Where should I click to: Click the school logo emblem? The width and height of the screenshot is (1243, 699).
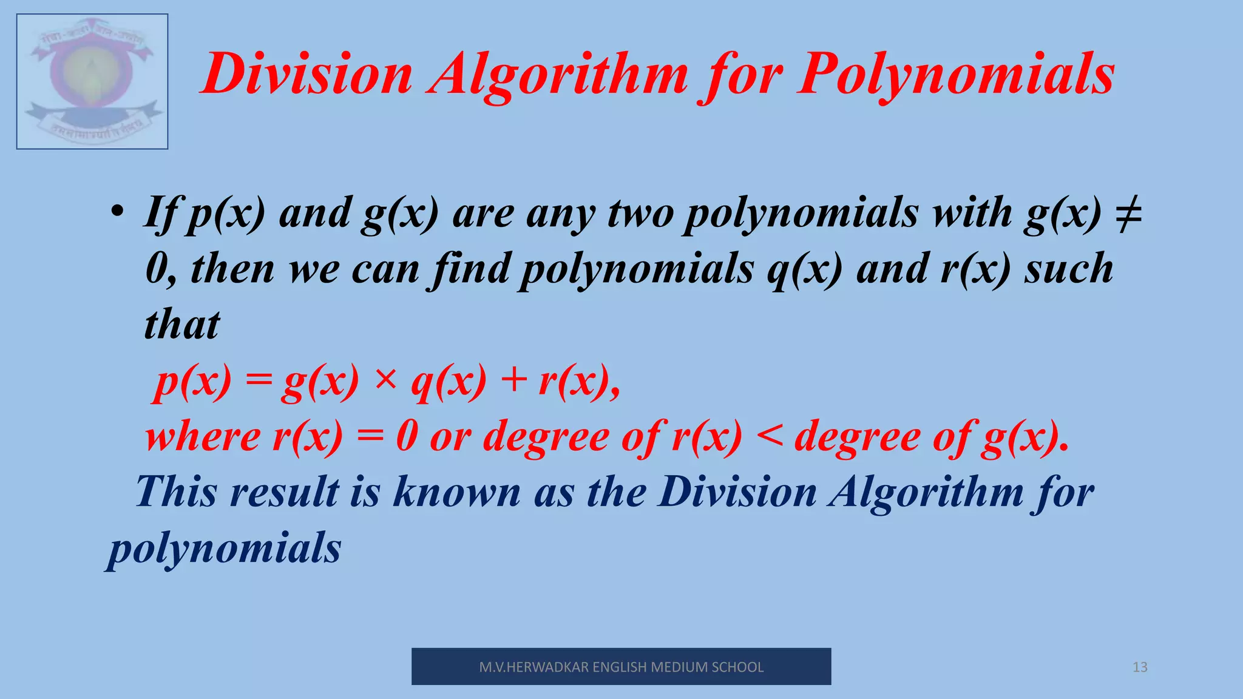pyautogui.click(x=92, y=81)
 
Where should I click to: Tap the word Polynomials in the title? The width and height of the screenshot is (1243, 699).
pyautogui.click(x=956, y=75)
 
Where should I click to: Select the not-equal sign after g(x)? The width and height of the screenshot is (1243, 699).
pyautogui.click(x=1128, y=214)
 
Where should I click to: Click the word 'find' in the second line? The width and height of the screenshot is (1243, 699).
pyautogui.click(x=471, y=269)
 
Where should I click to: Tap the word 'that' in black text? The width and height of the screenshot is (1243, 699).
pyautogui.click(x=182, y=325)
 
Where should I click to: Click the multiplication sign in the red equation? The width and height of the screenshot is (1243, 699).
pyautogui.click(x=385, y=380)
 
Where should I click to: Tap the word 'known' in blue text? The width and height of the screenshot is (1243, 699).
pyautogui.click(x=456, y=491)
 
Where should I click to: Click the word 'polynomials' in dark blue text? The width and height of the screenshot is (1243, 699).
pyautogui.click(x=225, y=549)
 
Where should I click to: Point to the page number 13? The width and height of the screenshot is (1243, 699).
pyautogui.click(x=1140, y=667)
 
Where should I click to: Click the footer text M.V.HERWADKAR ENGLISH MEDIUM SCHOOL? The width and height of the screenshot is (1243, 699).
pyautogui.click(x=621, y=667)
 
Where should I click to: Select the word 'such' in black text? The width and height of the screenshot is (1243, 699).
pyautogui.click(x=1069, y=269)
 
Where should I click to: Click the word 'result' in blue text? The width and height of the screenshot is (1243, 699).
pyautogui.click(x=285, y=491)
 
